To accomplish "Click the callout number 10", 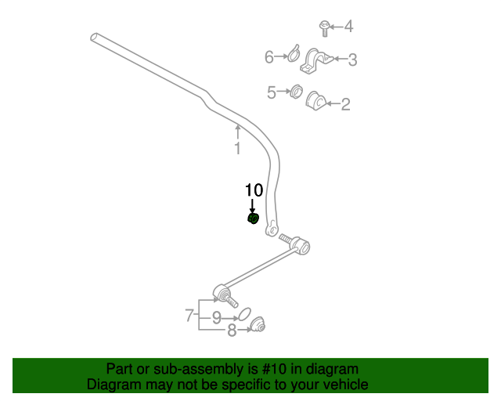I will [254, 190].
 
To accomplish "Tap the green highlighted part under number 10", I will [253, 218].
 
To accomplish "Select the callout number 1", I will [237, 148].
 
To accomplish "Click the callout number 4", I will [348, 27].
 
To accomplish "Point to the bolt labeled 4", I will [323, 27].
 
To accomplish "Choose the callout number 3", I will [352, 59].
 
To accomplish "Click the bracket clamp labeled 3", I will [316, 60].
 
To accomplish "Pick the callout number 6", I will [269, 57].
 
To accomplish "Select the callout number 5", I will [272, 92].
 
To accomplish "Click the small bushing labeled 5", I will [296, 92].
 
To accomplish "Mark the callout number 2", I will [345, 103].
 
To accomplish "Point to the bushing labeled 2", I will [315, 101].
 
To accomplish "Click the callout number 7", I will [189, 316].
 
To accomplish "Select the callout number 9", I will [215, 318].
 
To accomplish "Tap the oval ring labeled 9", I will [243, 314].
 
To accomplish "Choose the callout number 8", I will [231, 331].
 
